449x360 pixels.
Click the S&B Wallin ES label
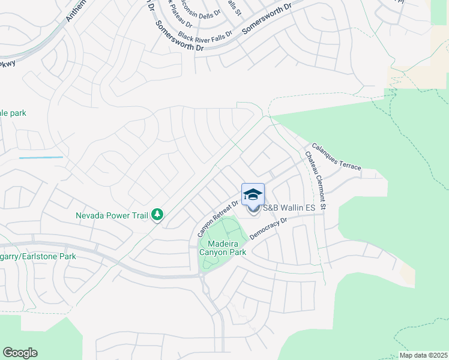point(289,208)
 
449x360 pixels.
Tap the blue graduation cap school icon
point(253,194)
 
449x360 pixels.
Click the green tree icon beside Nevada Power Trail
point(157,214)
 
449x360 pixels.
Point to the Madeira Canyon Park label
point(220,248)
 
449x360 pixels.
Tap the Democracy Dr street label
point(268,229)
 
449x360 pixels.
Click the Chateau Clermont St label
point(315,181)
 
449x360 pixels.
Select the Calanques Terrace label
point(336,156)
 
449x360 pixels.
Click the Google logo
point(20,353)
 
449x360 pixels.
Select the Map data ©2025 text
point(423,355)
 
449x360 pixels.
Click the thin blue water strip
point(41,157)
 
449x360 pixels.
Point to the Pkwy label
point(7,64)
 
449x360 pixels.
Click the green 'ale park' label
point(13,113)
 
